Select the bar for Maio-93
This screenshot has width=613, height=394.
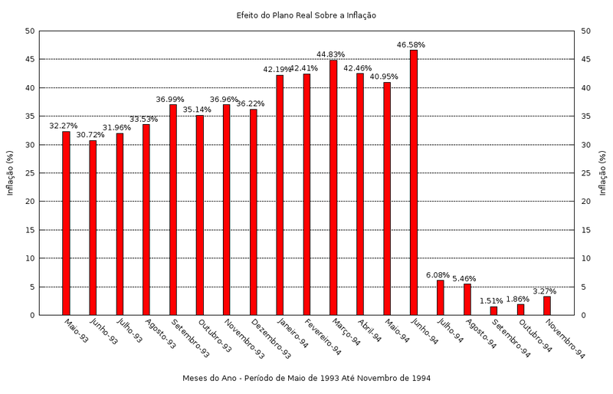click(66, 223)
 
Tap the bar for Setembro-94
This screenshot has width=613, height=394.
click(494, 310)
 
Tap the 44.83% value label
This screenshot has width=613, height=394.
click(332, 54)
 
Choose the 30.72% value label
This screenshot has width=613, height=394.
click(91, 135)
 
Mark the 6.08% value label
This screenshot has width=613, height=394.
click(439, 275)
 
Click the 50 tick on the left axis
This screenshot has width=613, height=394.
click(29, 31)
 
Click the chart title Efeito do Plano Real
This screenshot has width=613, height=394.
click(306, 15)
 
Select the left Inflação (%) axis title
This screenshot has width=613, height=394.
click(10, 173)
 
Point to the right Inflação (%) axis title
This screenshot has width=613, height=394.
click(603, 173)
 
